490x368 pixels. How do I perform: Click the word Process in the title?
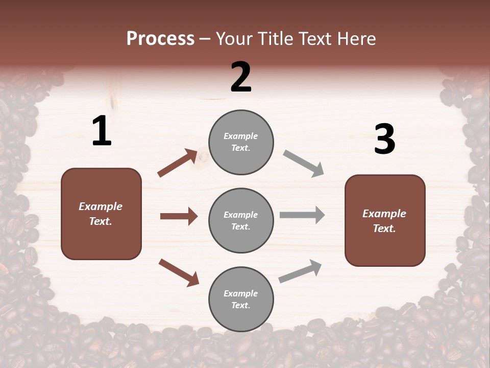(160, 38)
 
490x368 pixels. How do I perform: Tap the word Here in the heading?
(354, 38)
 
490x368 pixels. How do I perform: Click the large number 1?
(102, 131)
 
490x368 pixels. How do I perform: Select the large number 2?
(241, 77)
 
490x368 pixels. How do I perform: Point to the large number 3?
(384, 140)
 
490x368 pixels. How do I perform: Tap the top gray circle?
(241, 142)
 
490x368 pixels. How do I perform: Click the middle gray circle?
(241, 220)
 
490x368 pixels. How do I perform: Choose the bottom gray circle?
(241, 299)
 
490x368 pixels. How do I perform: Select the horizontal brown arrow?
(179, 217)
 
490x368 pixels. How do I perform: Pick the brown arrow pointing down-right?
(179, 272)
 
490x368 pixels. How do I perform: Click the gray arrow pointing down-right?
(303, 164)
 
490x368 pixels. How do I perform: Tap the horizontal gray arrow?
(302, 215)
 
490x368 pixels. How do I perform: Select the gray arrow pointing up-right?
(300, 271)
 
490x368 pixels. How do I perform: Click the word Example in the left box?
(101, 206)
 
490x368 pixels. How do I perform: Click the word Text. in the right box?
(384, 228)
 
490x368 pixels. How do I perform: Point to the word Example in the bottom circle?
(241, 293)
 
